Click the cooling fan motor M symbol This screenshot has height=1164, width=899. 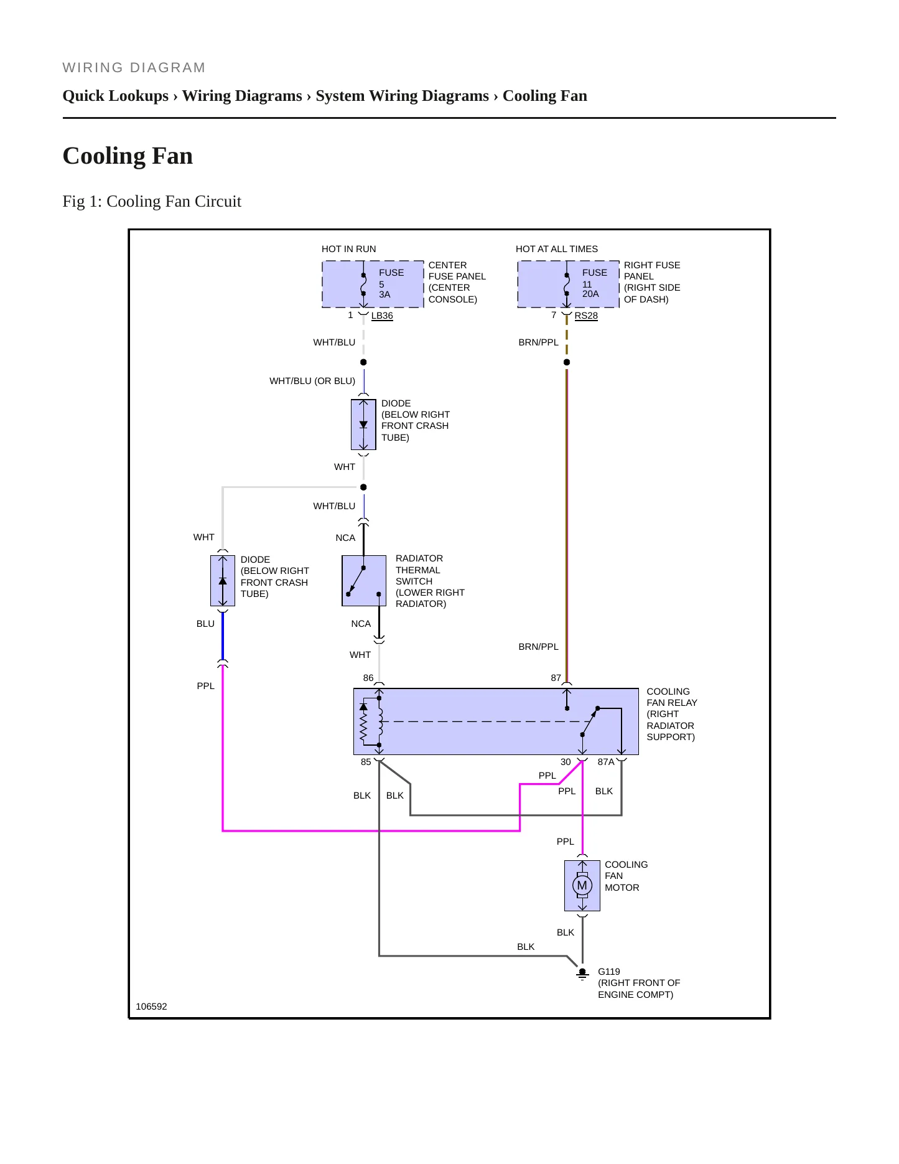pyautogui.click(x=582, y=885)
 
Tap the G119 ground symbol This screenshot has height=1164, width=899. pyautogui.click(x=582, y=974)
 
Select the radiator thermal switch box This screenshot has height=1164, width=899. pyautogui.click(x=364, y=581)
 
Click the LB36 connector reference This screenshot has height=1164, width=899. pyautogui.click(x=382, y=316)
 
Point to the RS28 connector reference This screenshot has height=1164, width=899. pyautogui.click(x=586, y=316)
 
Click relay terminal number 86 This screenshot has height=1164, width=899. pyautogui.click(x=368, y=678)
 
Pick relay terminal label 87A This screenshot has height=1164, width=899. pyautogui.click(x=606, y=762)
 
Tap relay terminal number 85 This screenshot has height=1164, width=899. pyautogui.click(x=366, y=762)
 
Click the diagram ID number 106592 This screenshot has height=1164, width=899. pyautogui.click(x=151, y=1007)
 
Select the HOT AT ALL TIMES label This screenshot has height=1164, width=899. pyautogui.click(x=557, y=249)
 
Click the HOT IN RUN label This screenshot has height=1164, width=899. pyautogui.click(x=349, y=249)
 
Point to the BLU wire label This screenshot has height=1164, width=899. pyautogui.click(x=205, y=624)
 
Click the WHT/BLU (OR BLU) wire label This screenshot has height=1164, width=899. pyautogui.click(x=312, y=381)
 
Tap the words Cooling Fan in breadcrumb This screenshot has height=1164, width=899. pyautogui.click(x=545, y=96)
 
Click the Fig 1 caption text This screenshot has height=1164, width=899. pyautogui.click(x=152, y=201)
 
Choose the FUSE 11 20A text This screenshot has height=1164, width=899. pyautogui.click(x=594, y=283)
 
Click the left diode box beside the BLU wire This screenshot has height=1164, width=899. pyautogui.click(x=223, y=581)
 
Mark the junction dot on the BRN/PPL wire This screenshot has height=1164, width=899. pyautogui.click(x=567, y=362)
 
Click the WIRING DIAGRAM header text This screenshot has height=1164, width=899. pyautogui.click(x=134, y=68)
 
